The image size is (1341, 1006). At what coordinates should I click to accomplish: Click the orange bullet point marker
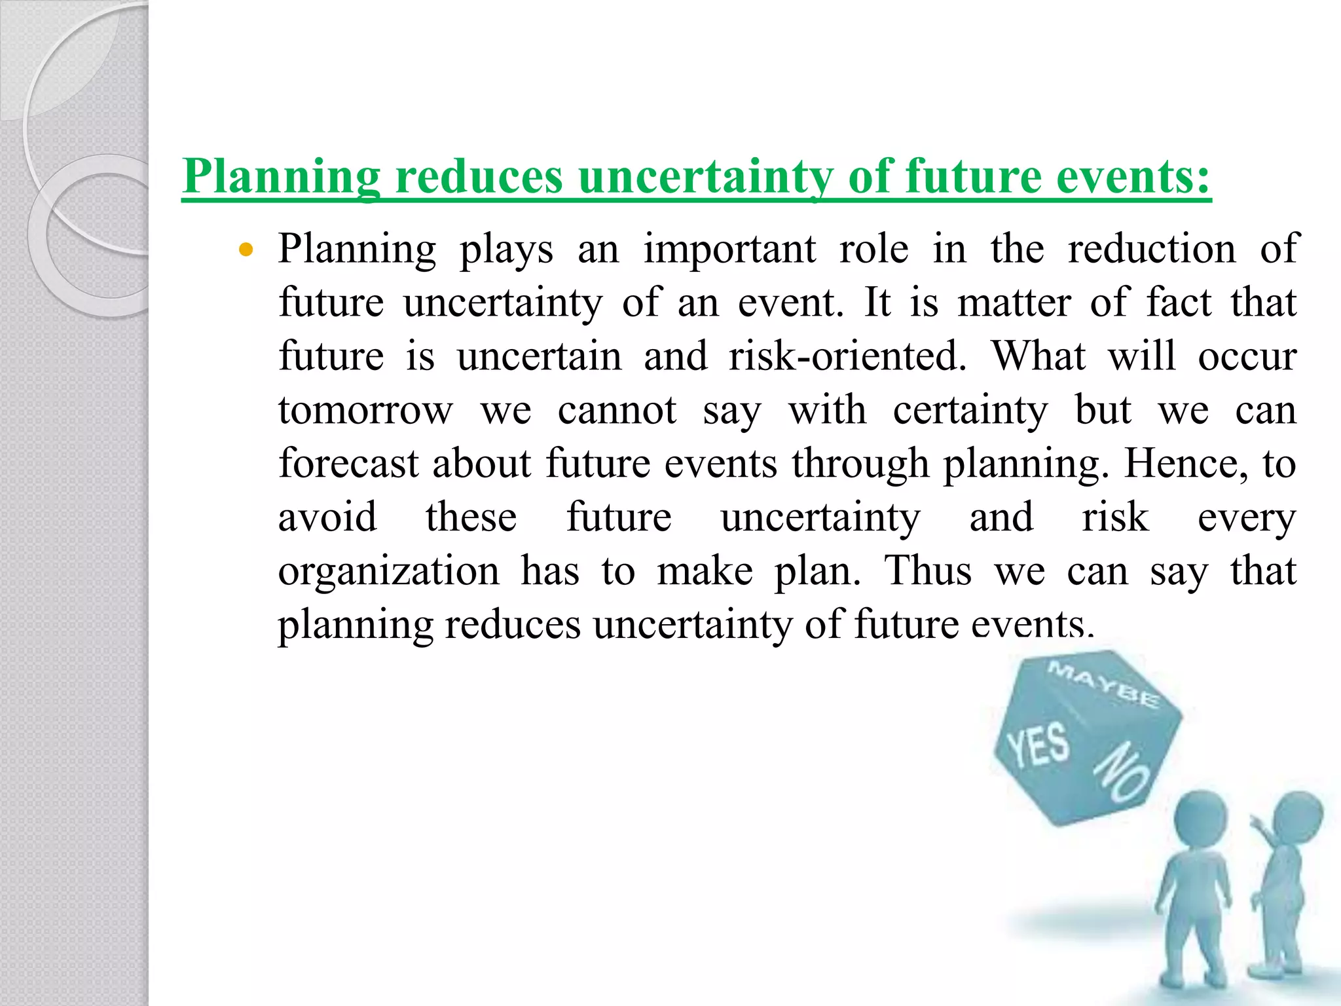(246, 250)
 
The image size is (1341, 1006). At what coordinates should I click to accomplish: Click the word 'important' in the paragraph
(729, 250)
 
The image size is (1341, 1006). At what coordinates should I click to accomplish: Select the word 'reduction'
(1152, 250)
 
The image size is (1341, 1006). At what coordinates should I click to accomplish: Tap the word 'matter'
(1014, 303)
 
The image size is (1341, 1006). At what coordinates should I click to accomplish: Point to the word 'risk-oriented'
(847, 357)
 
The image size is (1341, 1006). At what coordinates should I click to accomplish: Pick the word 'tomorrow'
(365, 411)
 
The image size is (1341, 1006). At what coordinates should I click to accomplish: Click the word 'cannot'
(617, 411)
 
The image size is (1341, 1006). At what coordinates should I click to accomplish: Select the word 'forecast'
(348, 464)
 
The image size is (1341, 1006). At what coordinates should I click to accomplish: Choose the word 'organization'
(389, 571)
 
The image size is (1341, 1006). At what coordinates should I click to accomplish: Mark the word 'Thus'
(928, 571)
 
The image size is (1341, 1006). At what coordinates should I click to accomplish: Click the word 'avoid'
(327, 517)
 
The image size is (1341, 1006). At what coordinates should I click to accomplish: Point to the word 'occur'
(1247, 357)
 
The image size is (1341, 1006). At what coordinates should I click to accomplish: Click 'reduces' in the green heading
(479, 177)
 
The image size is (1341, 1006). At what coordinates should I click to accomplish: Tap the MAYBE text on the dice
(1103, 684)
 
